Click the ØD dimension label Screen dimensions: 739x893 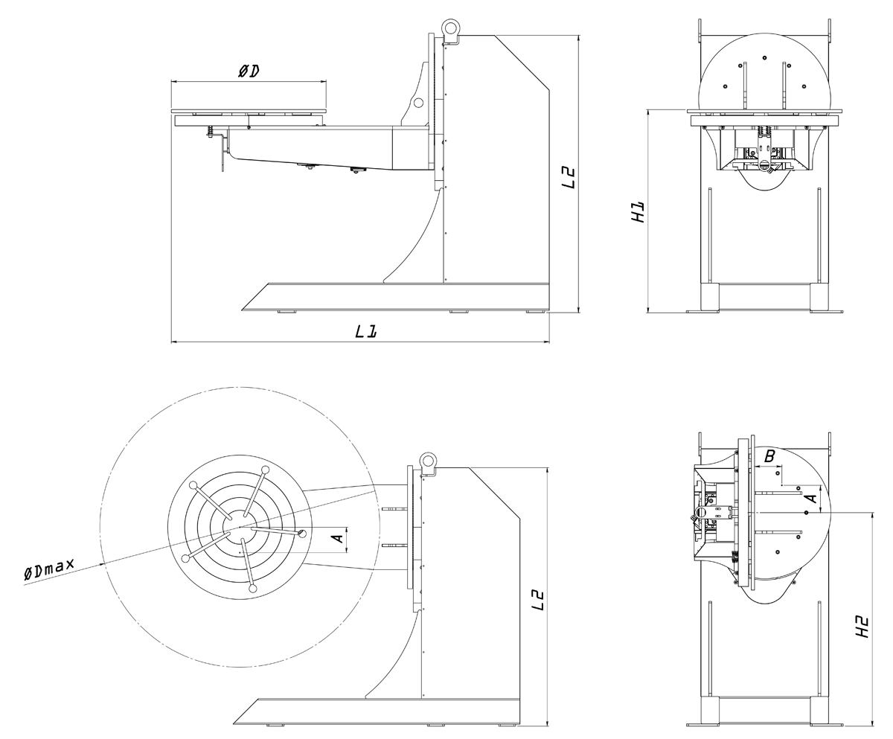click(x=249, y=71)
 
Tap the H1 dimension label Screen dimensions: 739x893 click(x=638, y=212)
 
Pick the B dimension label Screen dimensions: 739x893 click(x=770, y=455)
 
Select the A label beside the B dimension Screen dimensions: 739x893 click(x=813, y=494)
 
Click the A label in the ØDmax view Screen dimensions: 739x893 click(x=336, y=537)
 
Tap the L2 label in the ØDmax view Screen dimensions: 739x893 click(x=539, y=600)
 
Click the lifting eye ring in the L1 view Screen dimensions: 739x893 click(x=451, y=28)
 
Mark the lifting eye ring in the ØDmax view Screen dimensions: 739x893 click(x=428, y=461)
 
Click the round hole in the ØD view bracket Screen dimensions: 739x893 click(x=418, y=102)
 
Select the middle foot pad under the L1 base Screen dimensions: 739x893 click(x=460, y=312)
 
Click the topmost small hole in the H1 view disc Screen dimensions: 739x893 click(x=764, y=58)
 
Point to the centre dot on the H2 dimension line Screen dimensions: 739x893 click(x=807, y=513)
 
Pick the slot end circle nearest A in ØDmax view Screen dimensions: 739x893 click(x=302, y=533)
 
